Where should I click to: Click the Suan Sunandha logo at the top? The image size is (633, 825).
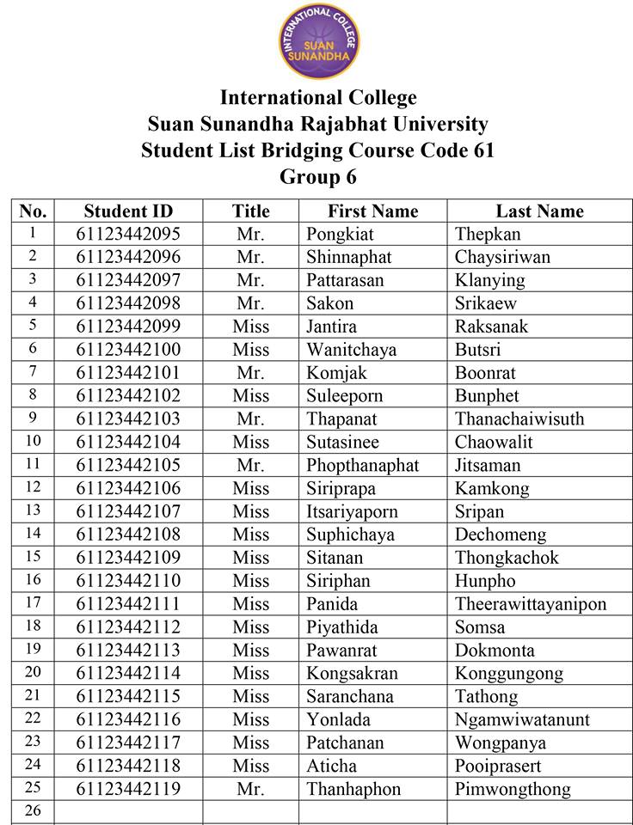(x=316, y=40)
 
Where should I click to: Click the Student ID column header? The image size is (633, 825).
(x=128, y=211)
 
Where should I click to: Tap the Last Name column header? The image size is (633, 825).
(x=539, y=211)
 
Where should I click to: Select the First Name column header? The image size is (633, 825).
(x=372, y=211)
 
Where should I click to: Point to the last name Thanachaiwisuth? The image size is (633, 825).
(x=519, y=419)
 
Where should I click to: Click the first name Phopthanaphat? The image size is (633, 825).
(x=363, y=466)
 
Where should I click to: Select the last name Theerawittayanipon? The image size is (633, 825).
(x=531, y=604)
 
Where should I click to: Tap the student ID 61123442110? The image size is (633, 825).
(x=128, y=581)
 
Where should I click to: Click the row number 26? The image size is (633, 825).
(x=34, y=810)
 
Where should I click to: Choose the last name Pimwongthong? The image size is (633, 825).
(x=513, y=789)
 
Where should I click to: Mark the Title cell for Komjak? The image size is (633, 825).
(x=250, y=373)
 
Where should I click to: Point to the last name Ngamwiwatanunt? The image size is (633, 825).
(x=523, y=719)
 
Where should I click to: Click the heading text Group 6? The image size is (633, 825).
(x=317, y=177)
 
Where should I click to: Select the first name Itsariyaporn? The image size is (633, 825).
(x=352, y=511)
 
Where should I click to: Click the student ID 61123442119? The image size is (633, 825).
(x=128, y=789)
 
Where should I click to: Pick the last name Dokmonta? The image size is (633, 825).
(x=495, y=651)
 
